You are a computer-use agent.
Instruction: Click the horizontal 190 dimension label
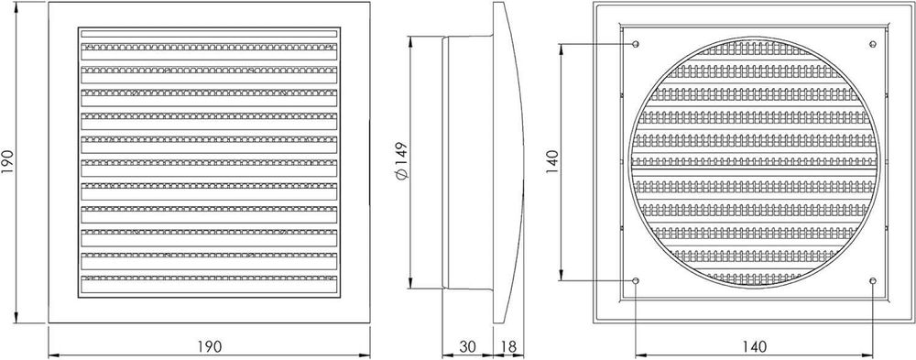(x=209, y=346)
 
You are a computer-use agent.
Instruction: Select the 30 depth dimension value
(x=467, y=346)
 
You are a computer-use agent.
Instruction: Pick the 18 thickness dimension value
(x=508, y=346)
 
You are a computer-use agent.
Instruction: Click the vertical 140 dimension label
(x=552, y=161)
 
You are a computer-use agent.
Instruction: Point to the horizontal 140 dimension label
(x=754, y=346)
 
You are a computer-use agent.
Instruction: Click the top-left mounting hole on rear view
(x=636, y=44)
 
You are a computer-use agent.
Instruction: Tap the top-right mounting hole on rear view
(x=873, y=44)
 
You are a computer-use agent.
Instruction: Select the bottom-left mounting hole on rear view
(x=636, y=281)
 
